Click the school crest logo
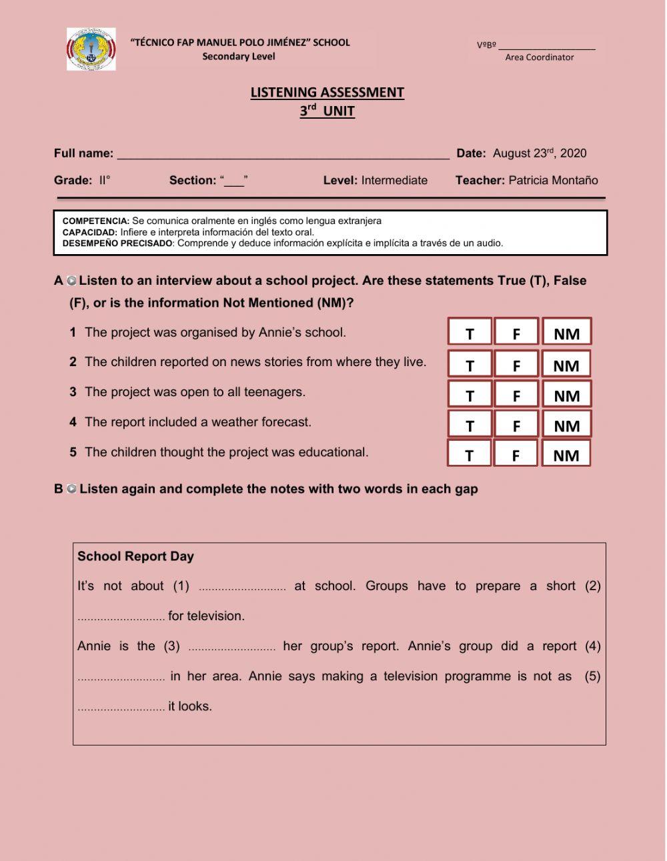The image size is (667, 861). (x=91, y=49)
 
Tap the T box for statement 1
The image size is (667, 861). (x=470, y=333)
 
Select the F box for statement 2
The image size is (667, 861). (x=516, y=365)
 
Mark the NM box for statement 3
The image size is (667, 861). (x=566, y=395)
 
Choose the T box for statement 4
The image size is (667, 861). (x=470, y=425)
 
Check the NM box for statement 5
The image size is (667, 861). (x=566, y=455)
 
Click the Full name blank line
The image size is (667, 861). (x=283, y=154)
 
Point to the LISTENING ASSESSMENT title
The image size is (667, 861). (x=327, y=93)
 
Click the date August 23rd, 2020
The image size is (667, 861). (x=539, y=153)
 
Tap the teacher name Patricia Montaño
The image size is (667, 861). (x=553, y=180)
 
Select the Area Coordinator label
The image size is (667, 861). (x=539, y=57)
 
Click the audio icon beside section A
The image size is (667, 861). (x=71, y=281)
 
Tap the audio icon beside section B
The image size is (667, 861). (x=71, y=489)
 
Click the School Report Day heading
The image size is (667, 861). (x=135, y=556)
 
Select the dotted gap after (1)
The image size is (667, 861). (x=242, y=588)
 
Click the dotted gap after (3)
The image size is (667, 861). (x=231, y=648)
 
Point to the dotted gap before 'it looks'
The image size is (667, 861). (x=121, y=708)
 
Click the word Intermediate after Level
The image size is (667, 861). (x=394, y=180)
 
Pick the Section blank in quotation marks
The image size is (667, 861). (x=234, y=181)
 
